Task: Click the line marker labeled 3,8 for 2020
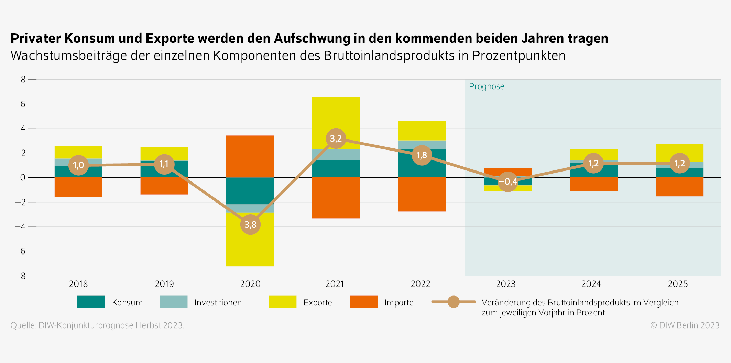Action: [x=250, y=225]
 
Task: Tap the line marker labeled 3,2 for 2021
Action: [x=336, y=138]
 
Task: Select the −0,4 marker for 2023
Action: [x=508, y=181]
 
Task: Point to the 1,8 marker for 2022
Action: [x=422, y=155]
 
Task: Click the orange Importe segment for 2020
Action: [x=250, y=156]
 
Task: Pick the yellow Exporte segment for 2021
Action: [x=336, y=114]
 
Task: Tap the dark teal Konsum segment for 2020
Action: [x=250, y=190]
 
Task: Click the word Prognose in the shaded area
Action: [x=487, y=86]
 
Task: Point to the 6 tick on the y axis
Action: [x=23, y=104]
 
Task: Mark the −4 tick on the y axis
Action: [x=20, y=227]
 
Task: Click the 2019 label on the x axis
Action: [x=164, y=284]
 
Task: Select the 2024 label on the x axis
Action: [x=591, y=284]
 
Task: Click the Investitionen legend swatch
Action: [x=174, y=302]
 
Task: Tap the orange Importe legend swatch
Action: [x=363, y=302]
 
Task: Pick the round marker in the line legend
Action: [x=454, y=302]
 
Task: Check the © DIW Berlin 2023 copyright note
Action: [x=685, y=325]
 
